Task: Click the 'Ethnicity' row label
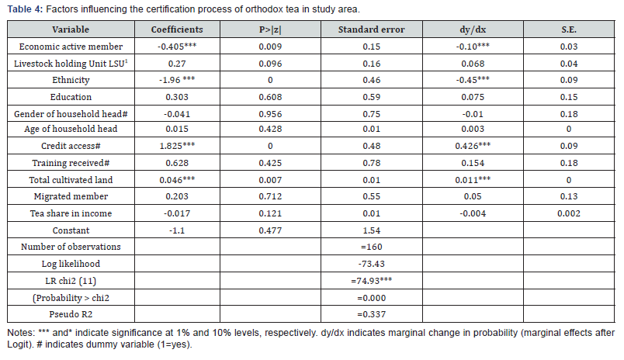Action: (71, 80)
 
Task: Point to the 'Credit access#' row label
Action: (71, 144)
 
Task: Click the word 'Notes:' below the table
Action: (21, 333)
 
